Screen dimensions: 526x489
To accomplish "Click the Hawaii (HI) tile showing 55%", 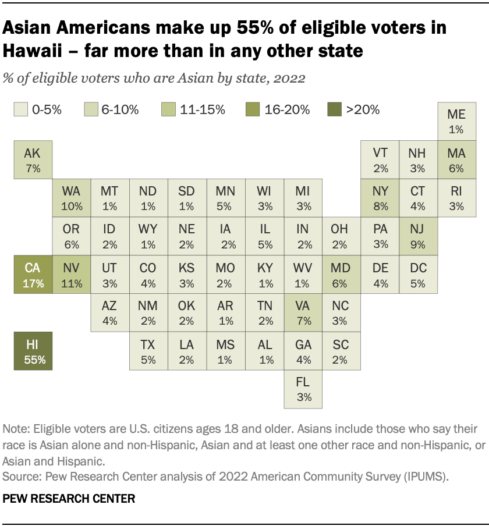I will click(x=33, y=351).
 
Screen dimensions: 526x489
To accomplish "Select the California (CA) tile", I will click(x=33, y=275).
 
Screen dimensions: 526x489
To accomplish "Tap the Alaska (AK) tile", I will click(x=33, y=159).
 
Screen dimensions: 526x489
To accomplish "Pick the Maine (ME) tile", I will click(x=456, y=121).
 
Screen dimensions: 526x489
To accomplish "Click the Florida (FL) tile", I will click(x=303, y=389).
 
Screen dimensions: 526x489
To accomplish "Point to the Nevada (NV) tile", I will click(x=72, y=275).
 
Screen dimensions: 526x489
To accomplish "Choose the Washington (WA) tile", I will click(x=72, y=198).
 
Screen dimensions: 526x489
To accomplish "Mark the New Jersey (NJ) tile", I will click(x=418, y=236).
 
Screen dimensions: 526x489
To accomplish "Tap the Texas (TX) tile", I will click(x=148, y=351).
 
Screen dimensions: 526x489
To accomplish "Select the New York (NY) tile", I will click(x=380, y=198).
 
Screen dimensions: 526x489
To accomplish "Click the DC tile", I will click(x=418, y=275).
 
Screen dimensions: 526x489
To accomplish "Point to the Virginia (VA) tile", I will click(x=303, y=312).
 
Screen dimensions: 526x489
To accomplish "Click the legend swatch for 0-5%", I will click(x=20, y=109).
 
